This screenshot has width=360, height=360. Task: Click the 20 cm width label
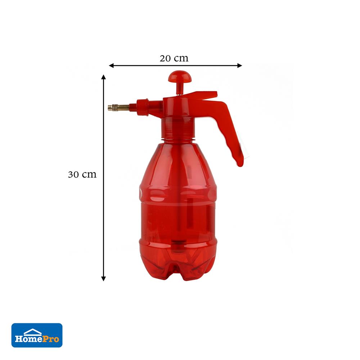point(174,58)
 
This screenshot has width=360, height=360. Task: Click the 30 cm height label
point(82,175)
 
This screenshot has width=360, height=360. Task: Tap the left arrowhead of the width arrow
point(111,66)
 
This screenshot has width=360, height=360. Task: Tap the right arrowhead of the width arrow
point(239,66)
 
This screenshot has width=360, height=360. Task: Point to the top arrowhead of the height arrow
point(104,77)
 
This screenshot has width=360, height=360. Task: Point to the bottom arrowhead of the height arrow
point(104,279)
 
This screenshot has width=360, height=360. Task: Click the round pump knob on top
point(180,76)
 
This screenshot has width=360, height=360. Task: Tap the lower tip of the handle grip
point(240,163)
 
